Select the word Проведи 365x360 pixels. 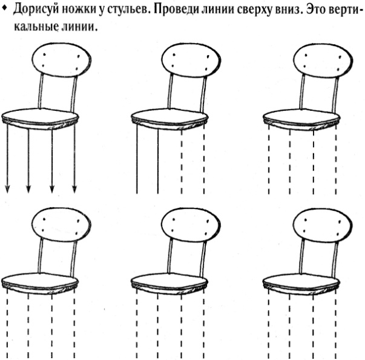click(x=176, y=10)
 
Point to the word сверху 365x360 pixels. click(x=253, y=10)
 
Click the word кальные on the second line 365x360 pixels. click(x=36, y=27)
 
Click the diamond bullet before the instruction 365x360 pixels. click(x=4, y=7)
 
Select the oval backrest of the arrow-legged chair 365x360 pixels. click(x=61, y=59)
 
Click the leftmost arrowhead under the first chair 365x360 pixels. click(x=7, y=189)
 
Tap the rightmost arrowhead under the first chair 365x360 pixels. click(x=74, y=189)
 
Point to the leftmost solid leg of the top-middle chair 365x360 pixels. click(x=137, y=159)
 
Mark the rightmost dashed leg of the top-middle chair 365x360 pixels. click(x=204, y=159)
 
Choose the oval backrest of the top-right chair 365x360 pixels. click(x=323, y=60)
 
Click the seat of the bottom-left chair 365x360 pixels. click(x=40, y=283)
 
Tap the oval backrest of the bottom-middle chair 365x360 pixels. click(x=191, y=225)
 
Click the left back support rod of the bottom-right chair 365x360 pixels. click(x=302, y=256)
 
